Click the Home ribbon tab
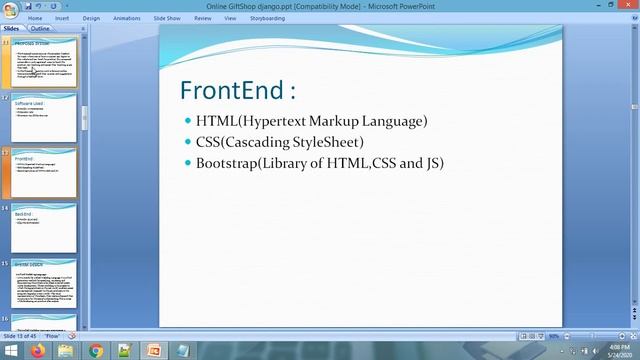coord(35,18)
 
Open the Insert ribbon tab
coord(62,18)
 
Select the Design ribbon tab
coord(91,18)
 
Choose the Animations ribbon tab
coord(126,18)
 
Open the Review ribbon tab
coord(203,18)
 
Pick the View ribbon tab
coord(230,18)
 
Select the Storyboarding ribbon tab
coord(266,18)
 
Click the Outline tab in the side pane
coord(40,29)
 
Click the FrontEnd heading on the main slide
coord(237,91)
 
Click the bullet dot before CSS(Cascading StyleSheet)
coord(187,142)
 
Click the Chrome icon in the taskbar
coord(96,351)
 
